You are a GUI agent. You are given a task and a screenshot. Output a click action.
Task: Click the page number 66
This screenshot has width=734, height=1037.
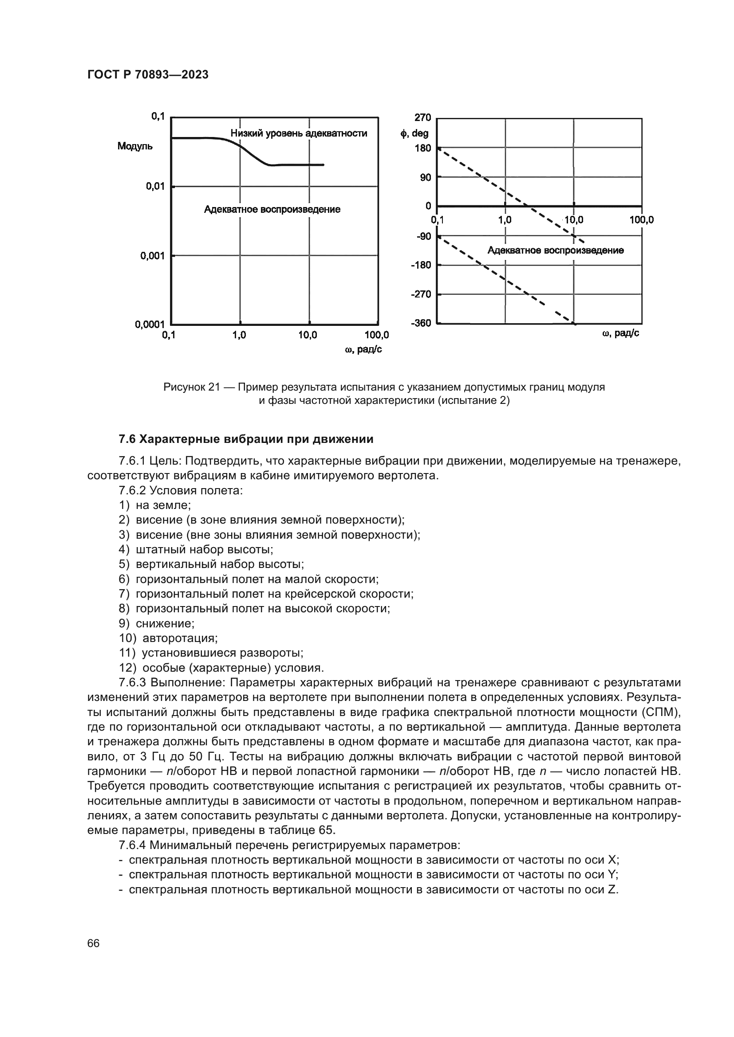point(94,943)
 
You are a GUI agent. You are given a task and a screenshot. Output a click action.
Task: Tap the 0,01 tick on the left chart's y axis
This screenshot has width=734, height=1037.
point(155,186)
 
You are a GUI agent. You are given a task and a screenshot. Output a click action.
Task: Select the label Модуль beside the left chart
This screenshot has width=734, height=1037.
point(135,146)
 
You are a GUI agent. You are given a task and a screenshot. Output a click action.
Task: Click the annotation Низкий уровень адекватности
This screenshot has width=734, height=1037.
point(299,133)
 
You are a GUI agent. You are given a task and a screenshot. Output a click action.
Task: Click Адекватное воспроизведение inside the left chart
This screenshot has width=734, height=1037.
point(272,210)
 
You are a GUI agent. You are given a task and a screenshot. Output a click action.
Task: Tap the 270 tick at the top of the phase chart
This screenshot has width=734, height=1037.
point(422,118)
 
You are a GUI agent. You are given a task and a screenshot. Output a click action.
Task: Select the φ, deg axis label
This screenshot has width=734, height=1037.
point(414,134)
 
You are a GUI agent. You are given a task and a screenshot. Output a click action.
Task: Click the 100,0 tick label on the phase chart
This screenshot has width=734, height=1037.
point(641,220)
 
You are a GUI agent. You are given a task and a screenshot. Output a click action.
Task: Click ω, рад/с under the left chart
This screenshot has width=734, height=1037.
point(363,349)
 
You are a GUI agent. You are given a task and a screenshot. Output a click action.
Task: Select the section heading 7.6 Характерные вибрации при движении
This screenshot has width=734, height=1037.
point(246,439)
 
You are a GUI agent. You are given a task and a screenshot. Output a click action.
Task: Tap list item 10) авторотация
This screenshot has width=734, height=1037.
point(169,638)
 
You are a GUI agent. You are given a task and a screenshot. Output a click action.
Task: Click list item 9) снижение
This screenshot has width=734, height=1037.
point(157,623)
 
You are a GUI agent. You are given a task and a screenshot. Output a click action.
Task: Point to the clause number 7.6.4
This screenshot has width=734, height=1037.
point(133,845)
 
